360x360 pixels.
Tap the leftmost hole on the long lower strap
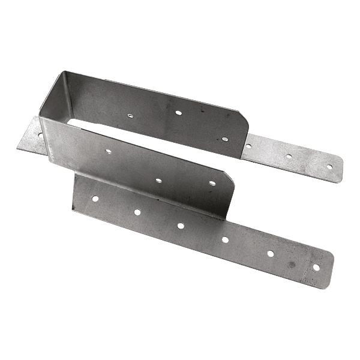tap(95, 197)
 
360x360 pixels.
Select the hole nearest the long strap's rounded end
tap(316, 266)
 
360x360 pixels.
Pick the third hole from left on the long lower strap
tap(181, 225)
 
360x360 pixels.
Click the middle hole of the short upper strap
tap(289, 156)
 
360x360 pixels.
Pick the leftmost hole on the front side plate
tap(107, 151)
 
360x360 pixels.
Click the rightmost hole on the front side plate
tap(212, 183)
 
